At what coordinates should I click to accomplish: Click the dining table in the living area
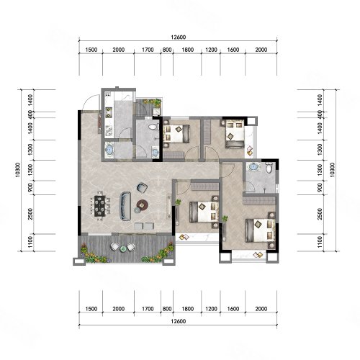point(100,205)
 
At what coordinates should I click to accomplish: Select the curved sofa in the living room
point(125,206)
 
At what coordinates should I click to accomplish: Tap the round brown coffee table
point(143,204)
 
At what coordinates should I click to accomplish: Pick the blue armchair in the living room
point(142,187)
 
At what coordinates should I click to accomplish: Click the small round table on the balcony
point(123,249)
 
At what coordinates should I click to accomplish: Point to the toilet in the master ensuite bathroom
point(269,168)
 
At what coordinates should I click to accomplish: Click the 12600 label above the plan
point(179,37)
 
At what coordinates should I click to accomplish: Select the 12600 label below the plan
point(179,321)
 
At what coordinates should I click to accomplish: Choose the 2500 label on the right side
point(320,214)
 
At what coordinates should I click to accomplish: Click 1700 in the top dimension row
point(148,50)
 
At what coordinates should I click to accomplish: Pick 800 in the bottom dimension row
point(167,309)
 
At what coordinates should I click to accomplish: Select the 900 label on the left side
point(30,187)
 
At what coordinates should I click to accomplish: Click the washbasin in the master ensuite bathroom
point(253,166)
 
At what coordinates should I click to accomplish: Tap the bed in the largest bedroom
point(260,230)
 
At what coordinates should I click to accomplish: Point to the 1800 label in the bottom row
point(188,309)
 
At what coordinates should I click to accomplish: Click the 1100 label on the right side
point(320,242)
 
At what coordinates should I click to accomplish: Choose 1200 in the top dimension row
point(211,50)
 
